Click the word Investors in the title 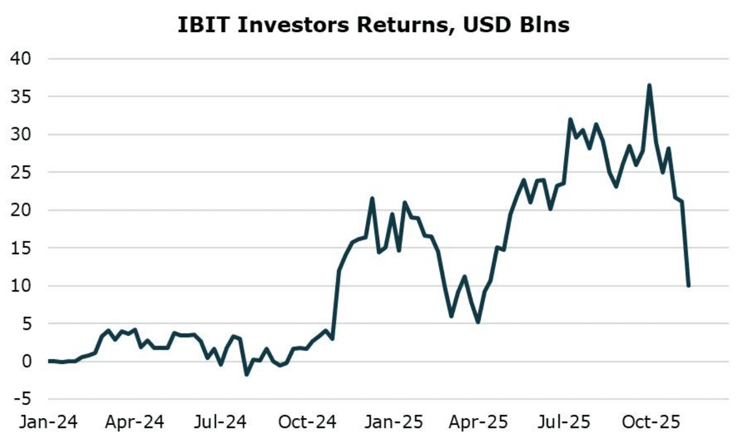(292, 25)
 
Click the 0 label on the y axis (26, 361)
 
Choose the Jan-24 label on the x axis (48, 423)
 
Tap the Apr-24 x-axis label (134, 423)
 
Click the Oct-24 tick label (307, 423)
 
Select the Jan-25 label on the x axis (394, 423)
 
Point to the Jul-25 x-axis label (564, 423)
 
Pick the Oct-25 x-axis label (651, 423)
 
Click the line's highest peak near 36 (649, 85)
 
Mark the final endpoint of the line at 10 (688, 286)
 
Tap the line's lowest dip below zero (246, 374)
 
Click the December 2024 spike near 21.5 (372, 198)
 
